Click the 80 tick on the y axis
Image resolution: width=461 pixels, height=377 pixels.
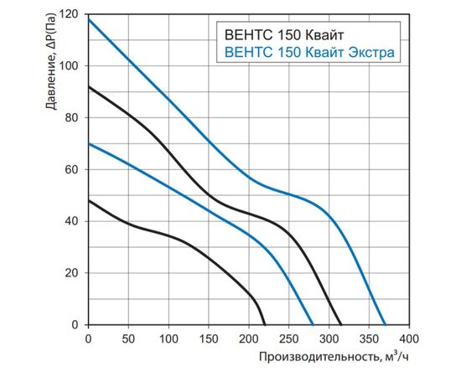(73, 118)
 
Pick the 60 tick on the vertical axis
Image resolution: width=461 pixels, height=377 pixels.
(73, 170)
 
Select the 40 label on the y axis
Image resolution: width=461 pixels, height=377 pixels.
(73, 221)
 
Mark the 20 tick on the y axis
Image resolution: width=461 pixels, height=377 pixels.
(73, 273)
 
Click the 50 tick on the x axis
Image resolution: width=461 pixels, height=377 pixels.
(128, 338)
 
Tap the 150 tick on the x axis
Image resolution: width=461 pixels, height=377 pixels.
(208, 338)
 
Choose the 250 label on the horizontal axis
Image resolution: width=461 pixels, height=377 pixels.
(288, 338)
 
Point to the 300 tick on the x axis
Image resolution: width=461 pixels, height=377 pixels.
(329, 338)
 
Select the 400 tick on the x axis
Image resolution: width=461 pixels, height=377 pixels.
(408, 338)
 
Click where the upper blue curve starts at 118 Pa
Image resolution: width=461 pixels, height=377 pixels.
(88, 19)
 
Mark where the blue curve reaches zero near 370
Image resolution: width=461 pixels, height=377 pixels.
(385, 324)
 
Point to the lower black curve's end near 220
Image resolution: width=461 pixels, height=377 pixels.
(265, 324)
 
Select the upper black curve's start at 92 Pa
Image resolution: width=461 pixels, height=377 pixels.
(88, 87)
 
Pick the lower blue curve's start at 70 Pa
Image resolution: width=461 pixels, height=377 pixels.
(88, 144)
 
